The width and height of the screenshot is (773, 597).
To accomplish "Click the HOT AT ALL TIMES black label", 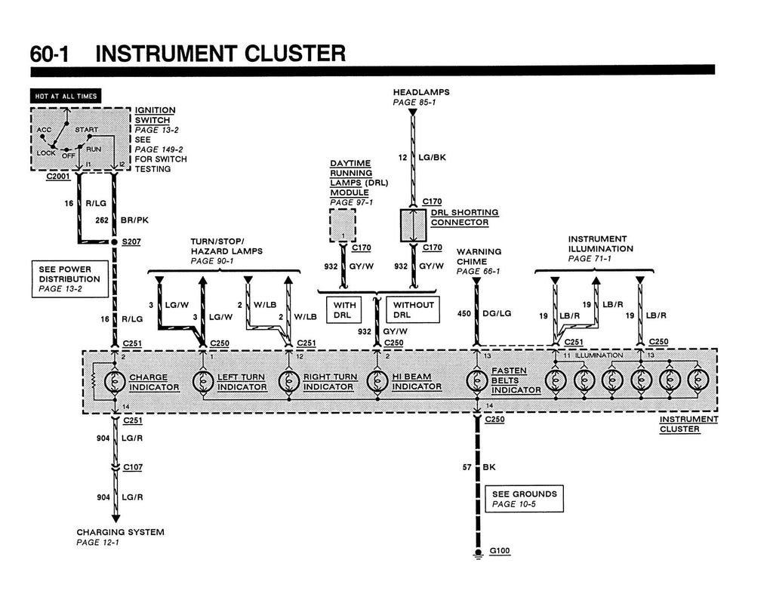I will tap(66, 96).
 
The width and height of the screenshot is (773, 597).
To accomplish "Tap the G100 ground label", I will tap(500, 551).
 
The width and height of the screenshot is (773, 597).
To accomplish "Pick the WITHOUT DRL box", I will tap(413, 309).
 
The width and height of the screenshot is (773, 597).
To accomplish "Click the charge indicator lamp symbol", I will tap(115, 382).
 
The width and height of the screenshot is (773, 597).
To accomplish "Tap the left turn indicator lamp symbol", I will tap(203, 382).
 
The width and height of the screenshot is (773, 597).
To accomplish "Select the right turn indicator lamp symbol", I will tap(289, 382).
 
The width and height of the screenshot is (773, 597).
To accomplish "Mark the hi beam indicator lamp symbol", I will tap(377, 382).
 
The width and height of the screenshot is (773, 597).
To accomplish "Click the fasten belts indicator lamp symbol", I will tap(477, 382).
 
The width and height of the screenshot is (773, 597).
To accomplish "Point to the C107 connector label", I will tap(132, 467).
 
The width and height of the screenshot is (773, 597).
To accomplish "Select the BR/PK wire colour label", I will tap(134, 220).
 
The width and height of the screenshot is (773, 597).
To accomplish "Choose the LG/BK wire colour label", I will tap(432, 157).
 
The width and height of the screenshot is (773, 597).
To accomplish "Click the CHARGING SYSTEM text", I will tap(120, 532).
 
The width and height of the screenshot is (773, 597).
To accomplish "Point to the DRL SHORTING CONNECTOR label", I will tap(464, 217).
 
